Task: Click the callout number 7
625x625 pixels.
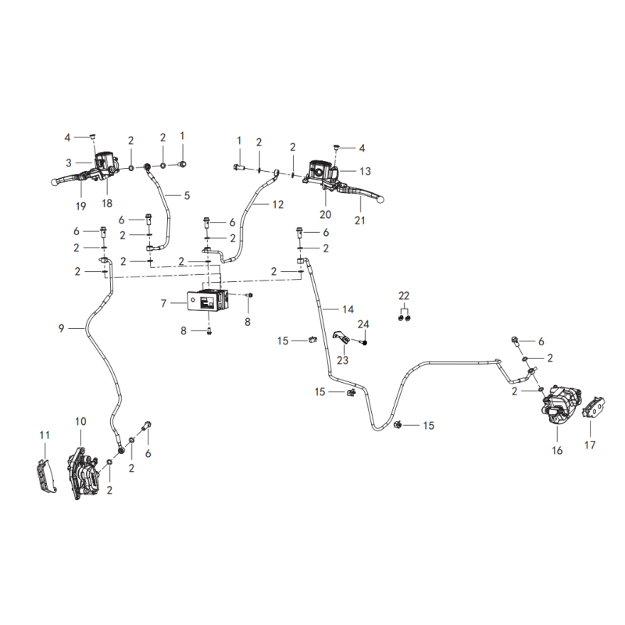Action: coord(163,304)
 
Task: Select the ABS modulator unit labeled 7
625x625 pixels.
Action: coord(208,301)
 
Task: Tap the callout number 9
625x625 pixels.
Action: coord(61,328)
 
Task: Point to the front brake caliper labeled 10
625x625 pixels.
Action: coord(83,473)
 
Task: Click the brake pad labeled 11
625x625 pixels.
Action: coord(46,476)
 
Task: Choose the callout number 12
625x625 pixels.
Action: coord(278,205)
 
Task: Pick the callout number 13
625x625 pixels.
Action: coord(365,171)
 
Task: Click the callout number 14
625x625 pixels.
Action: coord(348,309)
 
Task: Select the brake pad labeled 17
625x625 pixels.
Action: coord(594,407)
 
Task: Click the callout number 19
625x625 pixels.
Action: coord(80,206)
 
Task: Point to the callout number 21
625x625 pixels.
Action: coord(360,220)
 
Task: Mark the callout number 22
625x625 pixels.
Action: coord(404,296)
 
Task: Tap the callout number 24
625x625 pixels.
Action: coord(363,324)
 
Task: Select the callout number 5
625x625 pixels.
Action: coord(187,196)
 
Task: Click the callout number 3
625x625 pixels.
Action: coord(69,163)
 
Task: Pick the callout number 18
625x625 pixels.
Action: coord(107,203)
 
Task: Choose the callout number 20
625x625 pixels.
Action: coord(325,214)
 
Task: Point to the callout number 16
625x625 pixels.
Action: coord(557,451)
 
